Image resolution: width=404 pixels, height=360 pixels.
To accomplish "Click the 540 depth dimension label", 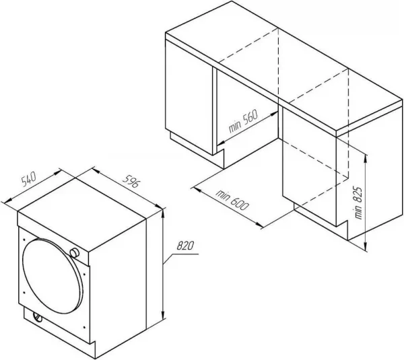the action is pyautogui.click(x=28, y=179).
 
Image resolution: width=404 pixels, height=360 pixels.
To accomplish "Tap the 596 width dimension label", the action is pyautogui.click(x=131, y=181).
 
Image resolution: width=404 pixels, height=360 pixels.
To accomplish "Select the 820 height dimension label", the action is pyautogui.click(x=185, y=246).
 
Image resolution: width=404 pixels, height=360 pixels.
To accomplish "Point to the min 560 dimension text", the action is pyautogui.click(x=243, y=121).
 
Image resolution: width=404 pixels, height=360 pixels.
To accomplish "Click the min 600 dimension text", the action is pyautogui.click(x=232, y=200).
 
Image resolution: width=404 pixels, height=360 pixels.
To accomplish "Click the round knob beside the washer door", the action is pyautogui.click(x=75, y=252).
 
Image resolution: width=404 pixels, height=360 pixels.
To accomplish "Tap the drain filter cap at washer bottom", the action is pyautogui.click(x=38, y=317).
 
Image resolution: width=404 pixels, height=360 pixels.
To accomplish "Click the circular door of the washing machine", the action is pyautogui.click(x=53, y=276).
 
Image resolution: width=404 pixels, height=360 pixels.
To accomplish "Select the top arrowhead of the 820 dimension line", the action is pyautogui.click(x=163, y=213).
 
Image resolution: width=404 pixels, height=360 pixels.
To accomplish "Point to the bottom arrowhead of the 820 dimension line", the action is pyautogui.click(x=163, y=315).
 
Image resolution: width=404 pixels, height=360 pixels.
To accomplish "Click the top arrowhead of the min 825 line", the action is pyautogui.click(x=366, y=159).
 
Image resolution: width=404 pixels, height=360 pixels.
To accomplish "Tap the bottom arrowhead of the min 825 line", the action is pyautogui.click(x=366, y=246).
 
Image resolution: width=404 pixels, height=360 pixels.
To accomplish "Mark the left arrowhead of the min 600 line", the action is pyautogui.click(x=197, y=190).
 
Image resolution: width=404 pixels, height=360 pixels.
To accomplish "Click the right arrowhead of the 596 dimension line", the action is pyautogui.click(x=158, y=207).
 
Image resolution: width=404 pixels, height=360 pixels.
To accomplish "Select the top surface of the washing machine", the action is pyautogui.click(x=82, y=214).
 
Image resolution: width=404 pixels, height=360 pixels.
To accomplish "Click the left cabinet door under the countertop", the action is pyautogui.click(x=189, y=98).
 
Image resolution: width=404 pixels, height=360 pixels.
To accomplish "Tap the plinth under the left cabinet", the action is pyautogui.click(x=197, y=151).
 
